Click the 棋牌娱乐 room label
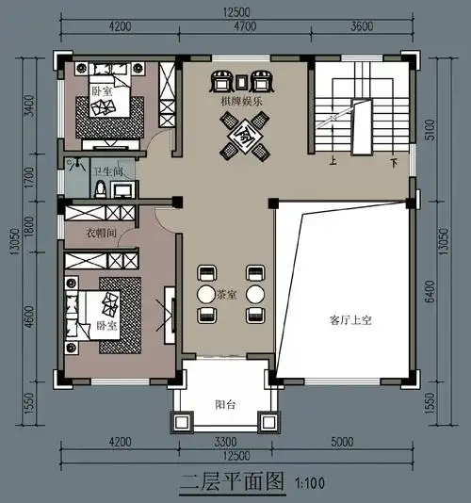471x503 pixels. tap(243, 97)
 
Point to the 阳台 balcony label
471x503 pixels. tap(225, 405)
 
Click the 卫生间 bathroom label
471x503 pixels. tap(106, 171)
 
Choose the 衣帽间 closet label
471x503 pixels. tap(102, 233)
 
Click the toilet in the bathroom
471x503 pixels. tap(98, 188)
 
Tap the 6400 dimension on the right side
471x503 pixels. tap(430, 292)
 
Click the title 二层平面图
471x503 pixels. tap(232, 481)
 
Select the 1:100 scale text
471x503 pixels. tap(308, 483)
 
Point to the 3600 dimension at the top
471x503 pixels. tap(363, 27)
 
